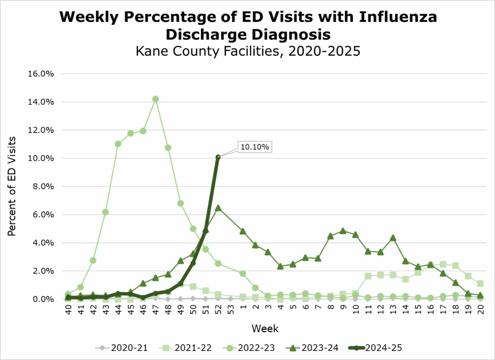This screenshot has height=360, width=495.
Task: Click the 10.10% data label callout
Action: [x=255, y=147]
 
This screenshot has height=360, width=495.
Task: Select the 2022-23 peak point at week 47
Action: [x=156, y=99]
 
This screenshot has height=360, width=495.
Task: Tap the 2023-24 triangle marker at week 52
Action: [x=218, y=208]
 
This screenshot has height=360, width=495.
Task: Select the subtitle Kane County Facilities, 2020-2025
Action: [x=248, y=52]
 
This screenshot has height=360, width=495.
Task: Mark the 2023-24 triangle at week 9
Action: [x=343, y=231]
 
